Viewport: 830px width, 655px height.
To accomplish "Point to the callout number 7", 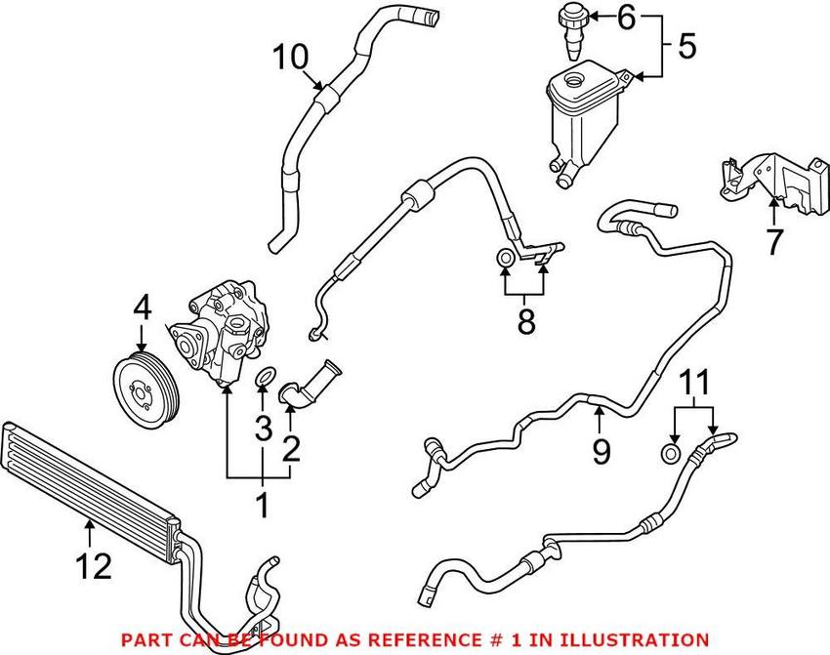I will tap(773, 241).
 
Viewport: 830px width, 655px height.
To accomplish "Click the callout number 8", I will tap(526, 322).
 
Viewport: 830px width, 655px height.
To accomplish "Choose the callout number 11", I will tap(692, 384).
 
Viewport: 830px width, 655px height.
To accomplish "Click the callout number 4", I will tap(143, 310).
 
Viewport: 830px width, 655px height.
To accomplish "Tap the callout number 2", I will tap(290, 448).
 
